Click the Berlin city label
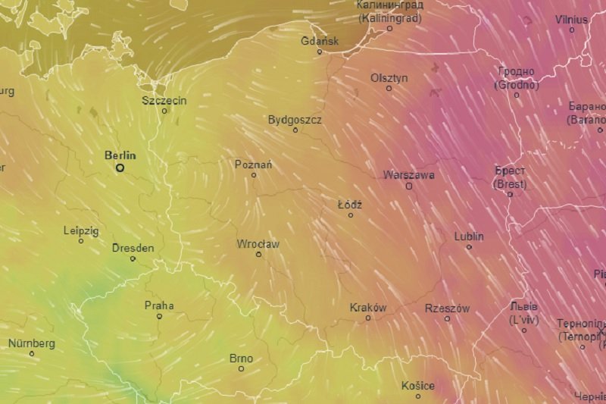120,155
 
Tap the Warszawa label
409,174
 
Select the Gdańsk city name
320,41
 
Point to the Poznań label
254,164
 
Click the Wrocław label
258,244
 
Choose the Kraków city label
368,308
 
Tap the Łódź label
350,205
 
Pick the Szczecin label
164,100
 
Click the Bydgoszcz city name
295,120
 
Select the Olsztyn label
389,78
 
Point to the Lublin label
469,236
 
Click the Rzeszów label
447,308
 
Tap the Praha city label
159,305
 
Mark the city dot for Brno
242,369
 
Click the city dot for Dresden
133,258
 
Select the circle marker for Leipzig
81,241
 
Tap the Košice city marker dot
418,396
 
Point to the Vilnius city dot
572,30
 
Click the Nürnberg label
32,343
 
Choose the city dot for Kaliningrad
390,28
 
